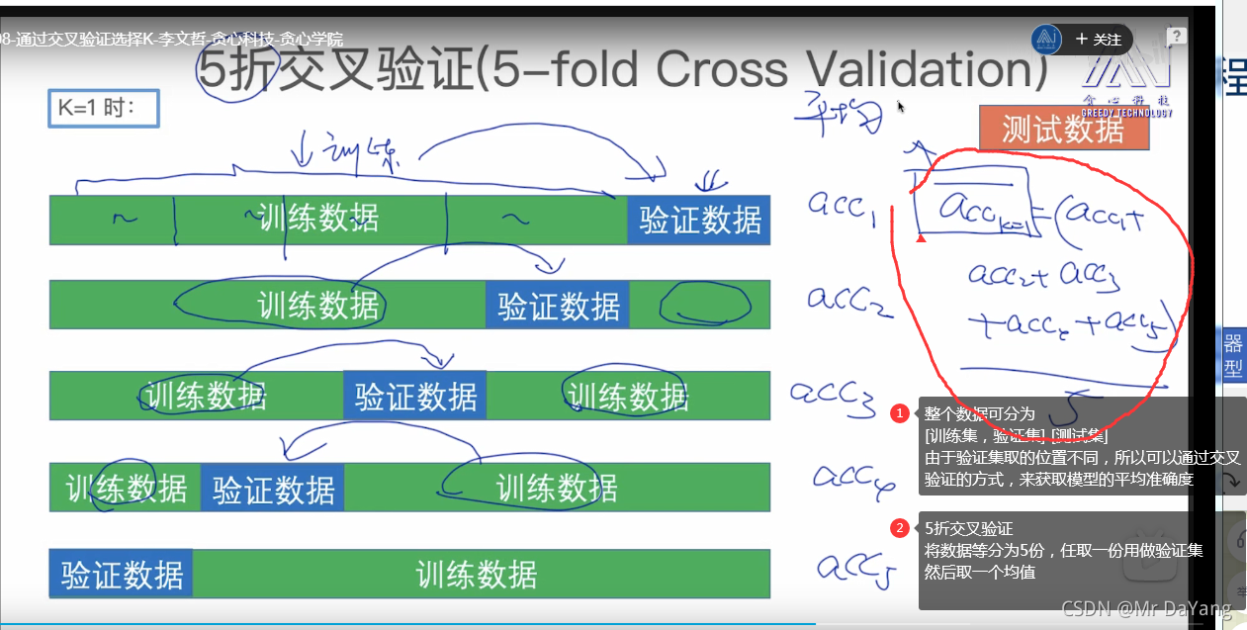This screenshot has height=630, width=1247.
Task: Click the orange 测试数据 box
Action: coord(1063,129)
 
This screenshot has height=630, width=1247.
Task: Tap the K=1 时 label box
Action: coord(104,108)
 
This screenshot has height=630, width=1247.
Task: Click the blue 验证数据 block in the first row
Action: coord(699,220)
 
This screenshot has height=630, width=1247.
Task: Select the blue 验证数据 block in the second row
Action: coord(558,306)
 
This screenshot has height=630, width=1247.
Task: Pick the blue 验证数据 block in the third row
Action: coord(415,396)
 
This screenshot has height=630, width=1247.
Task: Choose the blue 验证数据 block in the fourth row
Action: coord(273,489)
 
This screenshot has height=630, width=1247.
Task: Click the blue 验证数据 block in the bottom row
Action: coord(121,574)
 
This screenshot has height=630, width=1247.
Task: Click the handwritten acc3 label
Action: coord(831,393)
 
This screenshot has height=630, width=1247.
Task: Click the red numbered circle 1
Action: coord(900,413)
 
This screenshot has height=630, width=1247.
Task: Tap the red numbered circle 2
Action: coord(900,528)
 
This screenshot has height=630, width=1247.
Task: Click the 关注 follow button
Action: coord(1098,40)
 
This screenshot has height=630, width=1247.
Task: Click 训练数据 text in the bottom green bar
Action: coord(476,575)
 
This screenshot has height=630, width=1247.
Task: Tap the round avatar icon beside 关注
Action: coord(1046,40)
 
